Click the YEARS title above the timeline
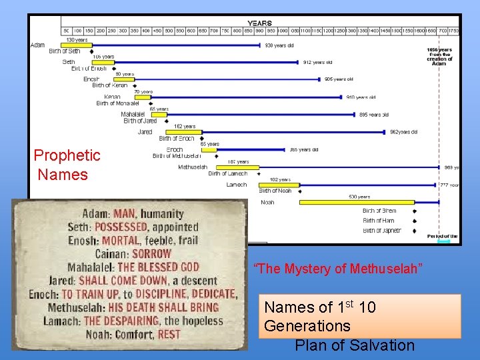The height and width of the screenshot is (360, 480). pos(259,23)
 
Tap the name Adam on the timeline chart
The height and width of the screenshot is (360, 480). pos(38,45)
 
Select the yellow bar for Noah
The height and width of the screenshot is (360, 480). pos(356,202)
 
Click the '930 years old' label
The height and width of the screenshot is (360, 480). pos(279,45)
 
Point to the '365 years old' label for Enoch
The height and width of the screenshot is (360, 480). pos(303,150)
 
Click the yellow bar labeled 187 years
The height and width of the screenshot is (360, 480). pos(243,167)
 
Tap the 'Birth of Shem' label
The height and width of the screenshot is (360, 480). pos(379,211)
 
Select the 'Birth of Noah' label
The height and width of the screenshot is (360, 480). pos(275,191)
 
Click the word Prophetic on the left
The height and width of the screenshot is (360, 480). pos(67,156)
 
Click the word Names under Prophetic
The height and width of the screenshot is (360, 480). pos(63,175)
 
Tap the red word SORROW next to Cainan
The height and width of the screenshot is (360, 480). pos(151,254)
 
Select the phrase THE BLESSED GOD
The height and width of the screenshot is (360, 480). pos(159,267)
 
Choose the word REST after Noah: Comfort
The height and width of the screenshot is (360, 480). pos(169,335)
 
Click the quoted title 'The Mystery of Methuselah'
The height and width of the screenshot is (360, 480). pos(338,269)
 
